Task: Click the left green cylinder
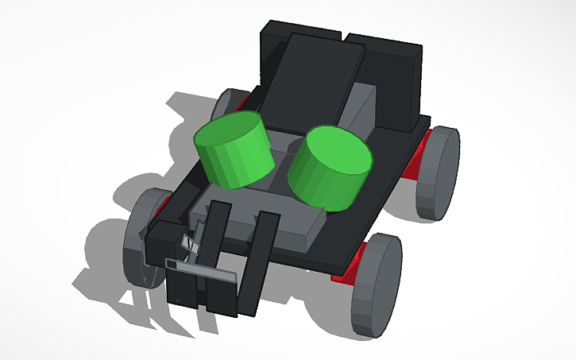point(234,151)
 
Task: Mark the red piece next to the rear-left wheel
point(241,102)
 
